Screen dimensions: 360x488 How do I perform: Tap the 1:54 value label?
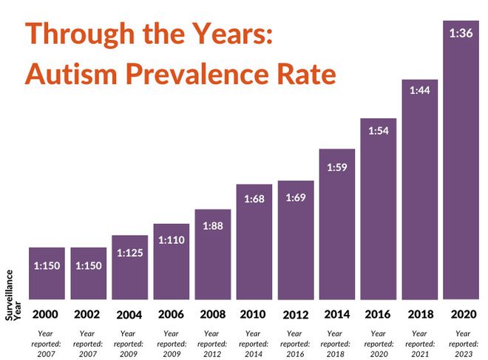379,130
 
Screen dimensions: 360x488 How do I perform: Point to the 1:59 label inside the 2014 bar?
337,166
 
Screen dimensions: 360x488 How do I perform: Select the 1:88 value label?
213,225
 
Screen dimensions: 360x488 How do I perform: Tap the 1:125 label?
130,253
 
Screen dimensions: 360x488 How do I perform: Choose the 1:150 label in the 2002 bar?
89,265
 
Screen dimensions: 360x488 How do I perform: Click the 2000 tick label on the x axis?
46,313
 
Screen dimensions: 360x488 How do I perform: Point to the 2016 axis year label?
379,313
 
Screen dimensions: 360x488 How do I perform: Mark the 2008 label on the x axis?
213,313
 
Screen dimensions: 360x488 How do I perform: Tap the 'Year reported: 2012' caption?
213,344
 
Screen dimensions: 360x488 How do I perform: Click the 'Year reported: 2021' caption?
420,344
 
